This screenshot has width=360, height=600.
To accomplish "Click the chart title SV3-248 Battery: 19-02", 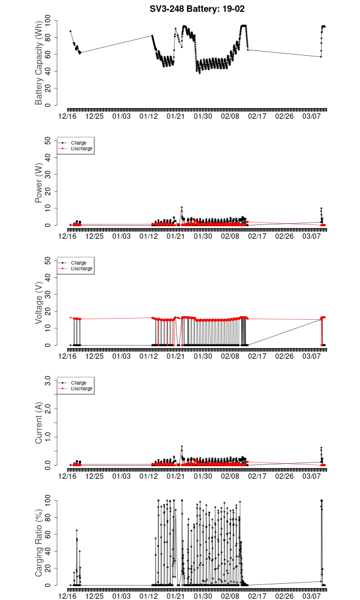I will coord(197,9).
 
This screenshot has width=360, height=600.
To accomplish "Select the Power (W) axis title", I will coord(40,183).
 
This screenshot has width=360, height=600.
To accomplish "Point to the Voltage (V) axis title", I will coord(40,303).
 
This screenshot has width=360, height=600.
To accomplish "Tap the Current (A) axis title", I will coord(40,423).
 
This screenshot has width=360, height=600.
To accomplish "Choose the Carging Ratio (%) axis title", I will coord(40,543).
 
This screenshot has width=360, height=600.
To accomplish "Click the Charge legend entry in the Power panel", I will coord(79,143).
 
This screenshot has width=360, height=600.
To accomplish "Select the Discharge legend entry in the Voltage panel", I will coord(82,269).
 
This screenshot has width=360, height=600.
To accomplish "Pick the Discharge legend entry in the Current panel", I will coord(82,389).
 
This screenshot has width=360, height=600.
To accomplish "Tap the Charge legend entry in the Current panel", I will coord(79,383).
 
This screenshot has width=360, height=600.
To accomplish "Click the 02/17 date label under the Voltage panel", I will coord(257,356).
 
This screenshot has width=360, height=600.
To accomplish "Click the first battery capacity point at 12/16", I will coord(70,31).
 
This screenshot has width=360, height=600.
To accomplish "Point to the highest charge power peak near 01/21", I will coord(182,208).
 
